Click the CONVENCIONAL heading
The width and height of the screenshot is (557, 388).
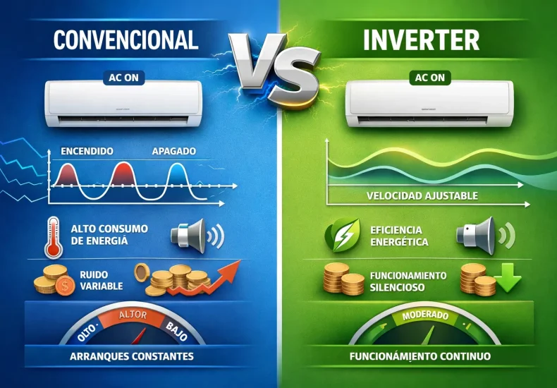pyautogui.click(x=126, y=40)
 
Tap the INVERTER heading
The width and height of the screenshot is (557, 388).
pyautogui.click(x=421, y=40)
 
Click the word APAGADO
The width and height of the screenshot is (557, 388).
pyautogui.click(x=174, y=151)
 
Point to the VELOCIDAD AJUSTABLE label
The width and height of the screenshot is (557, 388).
pyautogui.click(x=422, y=195)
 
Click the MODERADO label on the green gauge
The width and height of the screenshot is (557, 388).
pyautogui.click(x=421, y=315)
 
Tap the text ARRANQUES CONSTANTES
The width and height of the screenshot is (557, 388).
pyautogui.click(x=132, y=356)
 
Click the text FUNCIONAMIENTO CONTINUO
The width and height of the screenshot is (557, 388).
pyautogui.click(x=420, y=356)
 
